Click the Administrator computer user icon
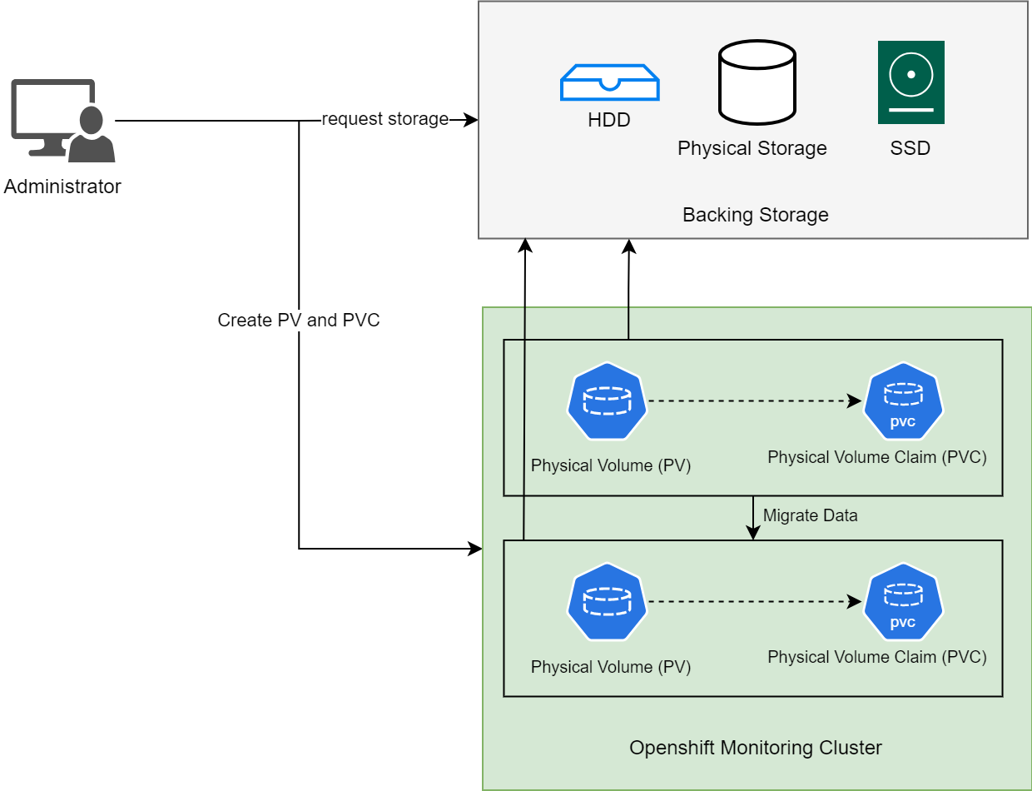pyautogui.click(x=62, y=121)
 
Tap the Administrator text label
pyautogui.click(x=62, y=187)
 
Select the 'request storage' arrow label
pyautogui.click(x=385, y=119)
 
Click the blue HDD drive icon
pyautogui.click(x=610, y=82)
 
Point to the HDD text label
pyautogui.click(x=609, y=120)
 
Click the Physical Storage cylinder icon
pyautogui.click(x=757, y=82)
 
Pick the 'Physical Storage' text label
pyautogui.click(x=752, y=148)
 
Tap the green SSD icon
pyautogui.click(x=910, y=82)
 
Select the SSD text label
pyautogui.click(x=910, y=149)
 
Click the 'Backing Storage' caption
pyautogui.click(x=755, y=215)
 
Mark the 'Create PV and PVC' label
pyautogui.click(x=299, y=321)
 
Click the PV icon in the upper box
pyautogui.click(x=608, y=401)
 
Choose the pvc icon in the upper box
pyautogui.click(x=903, y=401)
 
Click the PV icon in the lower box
pyautogui.click(x=608, y=602)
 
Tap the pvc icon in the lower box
pyautogui.click(x=903, y=602)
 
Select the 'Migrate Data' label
pyautogui.click(x=810, y=515)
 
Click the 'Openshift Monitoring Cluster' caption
pyautogui.click(x=755, y=748)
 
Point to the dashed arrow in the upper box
pyautogui.click(x=753, y=401)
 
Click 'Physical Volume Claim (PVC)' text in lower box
pyautogui.click(x=876, y=657)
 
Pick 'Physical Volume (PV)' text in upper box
pyautogui.click(x=611, y=465)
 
